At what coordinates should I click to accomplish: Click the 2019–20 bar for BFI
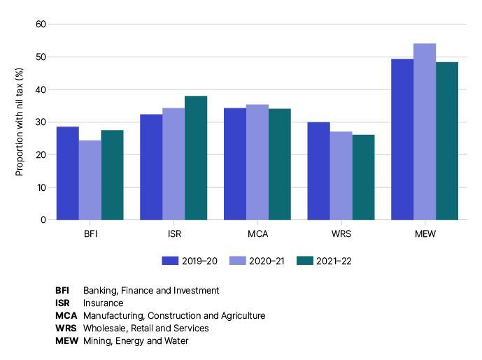(x=68, y=173)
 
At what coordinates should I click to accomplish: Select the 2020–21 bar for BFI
(x=90, y=180)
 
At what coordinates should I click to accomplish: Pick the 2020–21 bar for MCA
(x=257, y=162)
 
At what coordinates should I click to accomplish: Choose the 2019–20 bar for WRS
(x=319, y=171)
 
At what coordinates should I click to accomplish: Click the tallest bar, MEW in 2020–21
(x=425, y=131)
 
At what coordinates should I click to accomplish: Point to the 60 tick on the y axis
(x=41, y=24)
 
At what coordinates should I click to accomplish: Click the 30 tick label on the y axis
(x=41, y=122)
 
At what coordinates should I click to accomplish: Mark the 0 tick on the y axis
(x=43, y=220)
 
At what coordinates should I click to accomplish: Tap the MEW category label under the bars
(x=425, y=233)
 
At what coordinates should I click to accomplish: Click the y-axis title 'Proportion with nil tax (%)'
(x=20, y=122)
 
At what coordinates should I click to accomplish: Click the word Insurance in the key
(x=103, y=303)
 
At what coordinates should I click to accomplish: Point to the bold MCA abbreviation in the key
(x=66, y=315)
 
